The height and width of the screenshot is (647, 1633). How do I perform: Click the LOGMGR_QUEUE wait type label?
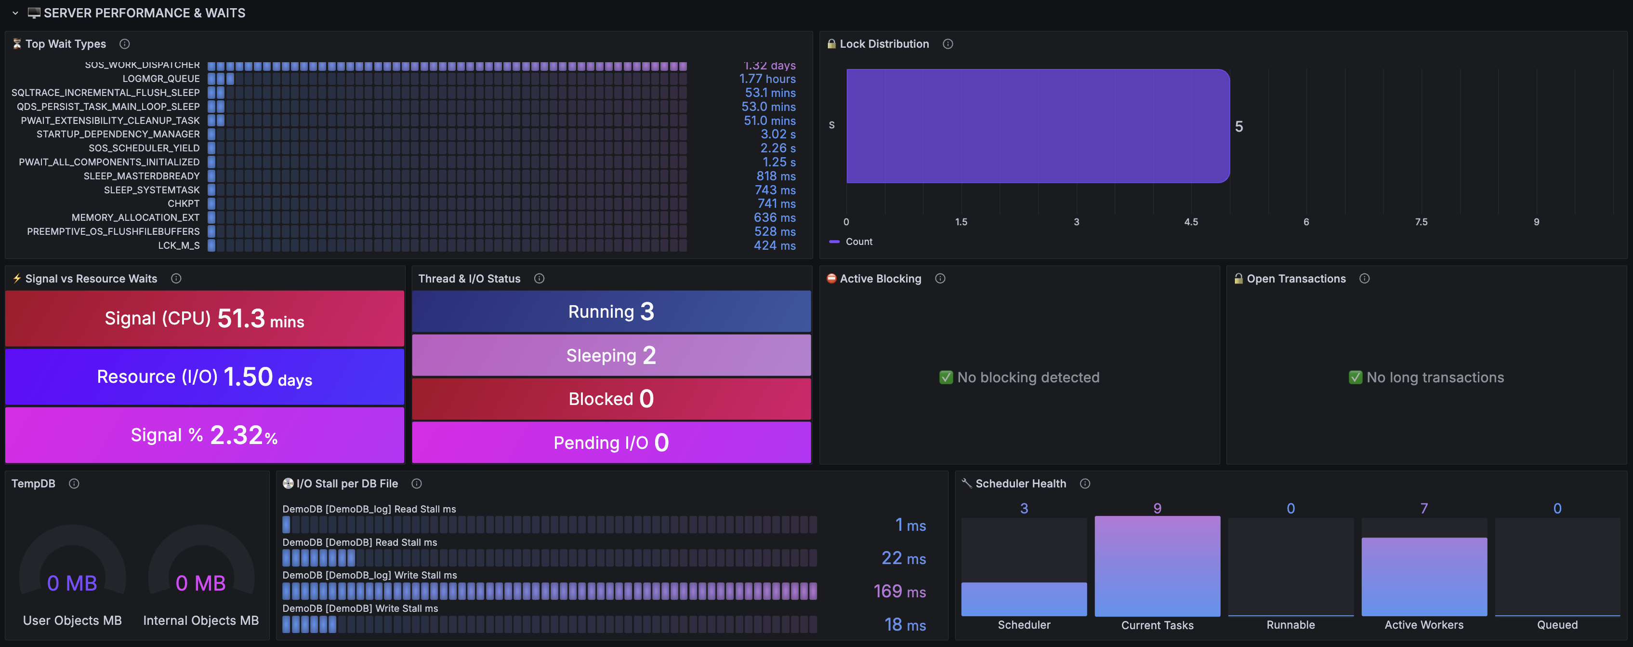pos(161,79)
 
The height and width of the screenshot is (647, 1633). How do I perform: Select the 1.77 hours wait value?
pos(767,79)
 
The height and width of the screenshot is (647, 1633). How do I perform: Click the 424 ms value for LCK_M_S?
pos(775,245)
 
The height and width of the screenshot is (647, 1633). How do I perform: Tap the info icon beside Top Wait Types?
pos(125,44)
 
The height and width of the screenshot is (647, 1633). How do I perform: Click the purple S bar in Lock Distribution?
pos(1038,126)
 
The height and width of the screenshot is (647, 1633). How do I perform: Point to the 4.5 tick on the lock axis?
pos(1191,222)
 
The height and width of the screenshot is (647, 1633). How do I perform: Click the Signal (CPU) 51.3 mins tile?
pos(204,318)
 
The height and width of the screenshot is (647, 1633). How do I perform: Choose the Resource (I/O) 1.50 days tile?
pos(204,377)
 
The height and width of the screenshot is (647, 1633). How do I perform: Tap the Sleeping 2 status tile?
pos(611,355)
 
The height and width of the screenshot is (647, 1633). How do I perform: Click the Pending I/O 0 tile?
pos(611,443)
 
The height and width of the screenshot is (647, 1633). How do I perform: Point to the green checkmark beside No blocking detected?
pos(946,377)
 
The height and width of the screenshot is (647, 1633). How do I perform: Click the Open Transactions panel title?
pos(1296,279)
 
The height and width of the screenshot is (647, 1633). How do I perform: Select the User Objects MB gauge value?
pos(72,583)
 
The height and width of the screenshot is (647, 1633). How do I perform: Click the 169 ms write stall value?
pos(899,591)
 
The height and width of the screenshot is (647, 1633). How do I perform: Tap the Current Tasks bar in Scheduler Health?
pos(1157,566)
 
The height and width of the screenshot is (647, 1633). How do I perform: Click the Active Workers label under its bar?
pos(1424,625)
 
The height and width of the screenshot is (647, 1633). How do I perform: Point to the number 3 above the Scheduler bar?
pos(1024,508)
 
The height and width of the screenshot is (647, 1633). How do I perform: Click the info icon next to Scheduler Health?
pos(1085,484)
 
